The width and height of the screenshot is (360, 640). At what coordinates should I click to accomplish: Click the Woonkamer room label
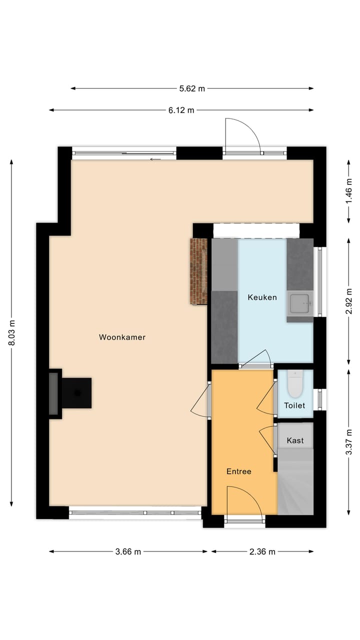pos(122,337)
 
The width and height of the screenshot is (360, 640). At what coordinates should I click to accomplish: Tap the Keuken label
pos(262,297)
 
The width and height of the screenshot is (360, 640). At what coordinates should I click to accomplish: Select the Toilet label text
pos(294,405)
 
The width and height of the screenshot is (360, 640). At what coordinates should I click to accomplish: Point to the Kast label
pos(295,441)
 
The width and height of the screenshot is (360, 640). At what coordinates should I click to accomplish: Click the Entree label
pos(238,471)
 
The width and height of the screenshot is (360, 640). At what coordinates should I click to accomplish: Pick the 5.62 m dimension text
pos(192,88)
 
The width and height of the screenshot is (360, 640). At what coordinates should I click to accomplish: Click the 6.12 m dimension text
pos(181,110)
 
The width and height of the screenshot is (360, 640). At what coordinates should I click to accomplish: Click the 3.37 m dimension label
pos(349,442)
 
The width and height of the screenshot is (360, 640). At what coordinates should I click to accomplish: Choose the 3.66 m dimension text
pos(128,551)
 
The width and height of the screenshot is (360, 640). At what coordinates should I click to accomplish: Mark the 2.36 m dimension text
pos(262,551)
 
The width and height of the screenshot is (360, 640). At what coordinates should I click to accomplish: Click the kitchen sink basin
pos(300,303)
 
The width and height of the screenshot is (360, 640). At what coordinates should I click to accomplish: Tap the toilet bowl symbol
pos(295,383)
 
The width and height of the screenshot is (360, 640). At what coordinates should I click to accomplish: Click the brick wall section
pos(198,271)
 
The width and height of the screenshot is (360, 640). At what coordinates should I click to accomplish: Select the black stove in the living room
pos(76,393)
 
